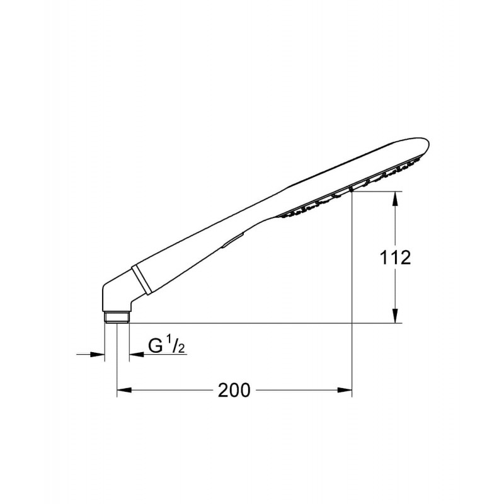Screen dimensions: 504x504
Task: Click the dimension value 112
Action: (x=396, y=258)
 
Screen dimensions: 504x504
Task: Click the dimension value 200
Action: (x=234, y=390)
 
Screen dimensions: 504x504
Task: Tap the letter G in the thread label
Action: (x=155, y=346)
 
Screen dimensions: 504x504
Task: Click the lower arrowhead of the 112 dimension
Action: (x=396, y=316)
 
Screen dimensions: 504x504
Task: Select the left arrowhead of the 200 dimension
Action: (x=124, y=390)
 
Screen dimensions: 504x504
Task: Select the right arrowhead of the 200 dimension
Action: (x=345, y=390)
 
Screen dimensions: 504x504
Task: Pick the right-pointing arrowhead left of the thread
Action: (x=98, y=355)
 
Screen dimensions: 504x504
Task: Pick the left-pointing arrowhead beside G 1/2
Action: (x=136, y=355)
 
